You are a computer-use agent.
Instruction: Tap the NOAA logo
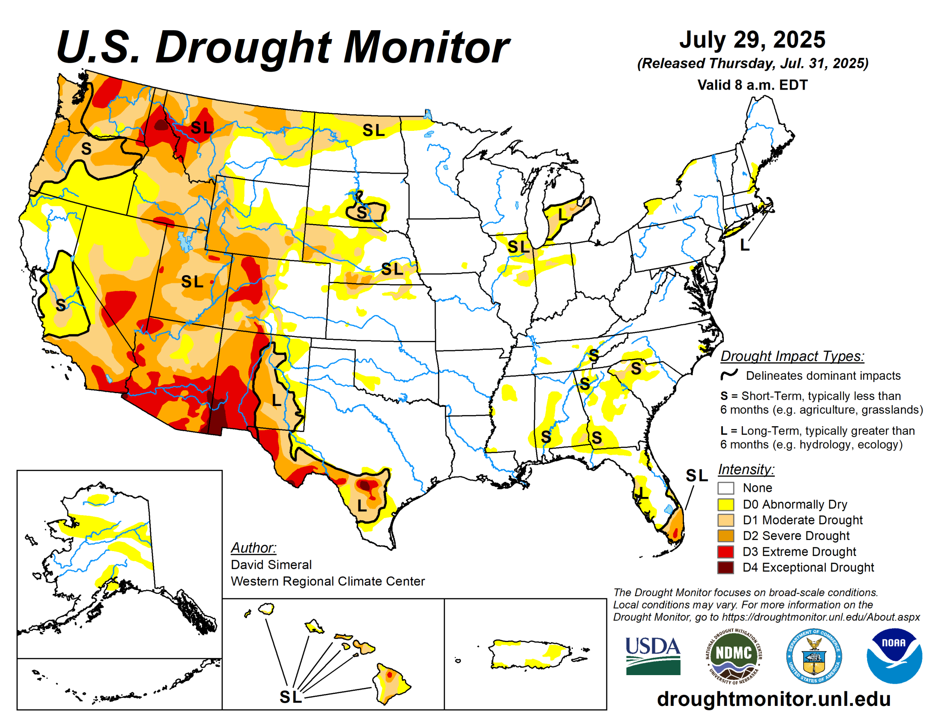click(x=894, y=655)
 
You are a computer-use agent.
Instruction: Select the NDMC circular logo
click(x=733, y=656)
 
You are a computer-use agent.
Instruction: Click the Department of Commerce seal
click(x=814, y=656)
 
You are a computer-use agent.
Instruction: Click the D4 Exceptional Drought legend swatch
click(x=725, y=568)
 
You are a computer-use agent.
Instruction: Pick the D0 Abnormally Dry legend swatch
click(x=725, y=504)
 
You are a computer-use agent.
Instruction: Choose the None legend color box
click(x=725, y=488)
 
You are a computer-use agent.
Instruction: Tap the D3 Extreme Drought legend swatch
click(x=725, y=552)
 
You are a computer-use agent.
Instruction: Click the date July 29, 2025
click(x=752, y=40)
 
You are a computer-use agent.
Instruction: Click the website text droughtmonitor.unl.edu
click(x=773, y=699)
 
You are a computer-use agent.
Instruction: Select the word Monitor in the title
click(x=426, y=47)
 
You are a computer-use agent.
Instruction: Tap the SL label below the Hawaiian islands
click(x=291, y=697)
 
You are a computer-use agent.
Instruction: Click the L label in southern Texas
click(x=362, y=506)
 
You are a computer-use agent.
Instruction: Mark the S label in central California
click(x=61, y=305)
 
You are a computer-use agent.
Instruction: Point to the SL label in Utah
click(x=192, y=282)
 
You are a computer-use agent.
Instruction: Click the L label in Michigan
click(x=562, y=214)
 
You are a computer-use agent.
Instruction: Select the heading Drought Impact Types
click(x=792, y=356)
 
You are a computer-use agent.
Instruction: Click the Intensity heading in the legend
click(x=746, y=469)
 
